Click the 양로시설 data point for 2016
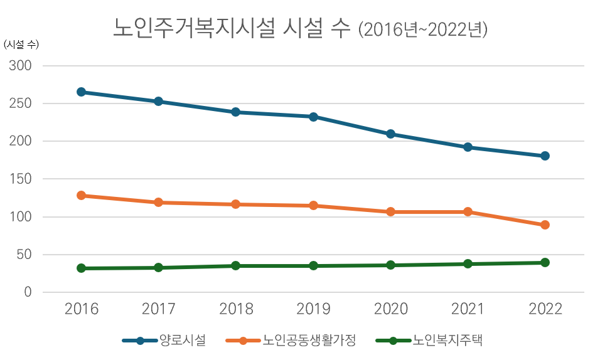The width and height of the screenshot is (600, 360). tap(81, 92)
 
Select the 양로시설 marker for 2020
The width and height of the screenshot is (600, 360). tap(390, 134)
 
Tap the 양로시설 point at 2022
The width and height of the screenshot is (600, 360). tap(545, 156)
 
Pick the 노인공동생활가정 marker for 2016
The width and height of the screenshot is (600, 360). tap(81, 196)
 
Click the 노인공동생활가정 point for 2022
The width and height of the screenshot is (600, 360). tap(545, 225)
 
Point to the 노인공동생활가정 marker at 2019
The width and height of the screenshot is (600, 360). tap(313, 205)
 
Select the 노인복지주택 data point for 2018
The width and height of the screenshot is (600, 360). tap(236, 265)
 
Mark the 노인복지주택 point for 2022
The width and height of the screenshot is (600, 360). tap(545, 262)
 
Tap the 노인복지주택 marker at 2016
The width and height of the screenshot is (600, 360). tap(81, 268)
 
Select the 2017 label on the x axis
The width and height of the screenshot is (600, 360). tap(158, 309)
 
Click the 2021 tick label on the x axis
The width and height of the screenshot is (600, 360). tap(468, 309)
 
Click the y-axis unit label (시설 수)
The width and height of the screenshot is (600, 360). tap(21, 45)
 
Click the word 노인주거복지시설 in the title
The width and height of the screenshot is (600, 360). tap(194, 28)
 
